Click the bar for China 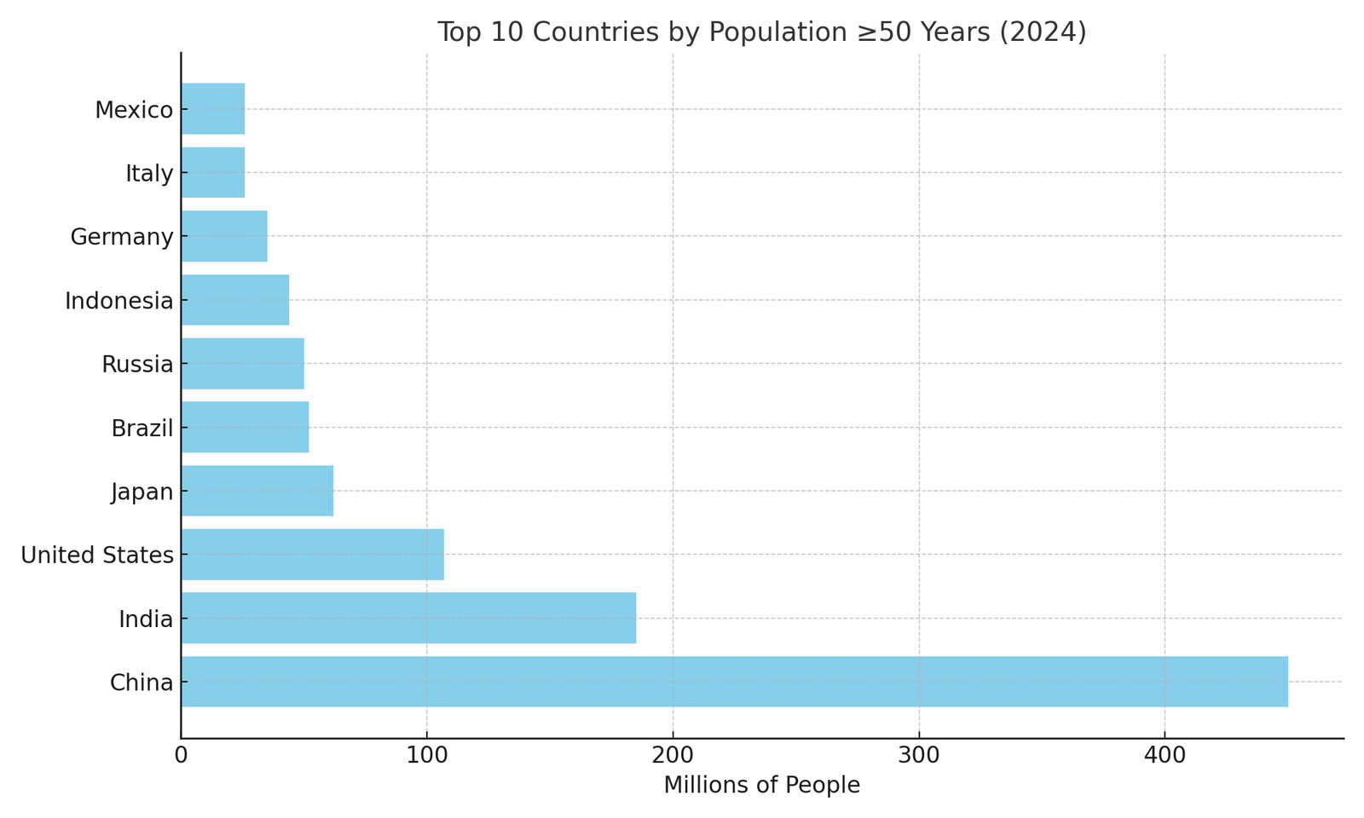(733, 682)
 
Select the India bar (408, 618)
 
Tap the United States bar (312, 555)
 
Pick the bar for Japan (257, 491)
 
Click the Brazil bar (245, 427)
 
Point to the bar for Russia (242, 364)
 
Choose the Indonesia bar (234, 300)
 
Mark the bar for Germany (223, 236)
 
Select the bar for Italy (212, 172)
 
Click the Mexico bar (212, 109)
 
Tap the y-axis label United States (97, 556)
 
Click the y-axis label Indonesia (119, 301)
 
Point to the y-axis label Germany (122, 237)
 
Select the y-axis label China (142, 683)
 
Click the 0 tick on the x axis (181, 756)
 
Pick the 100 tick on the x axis (426, 756)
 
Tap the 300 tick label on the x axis (918, 756)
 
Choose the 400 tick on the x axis (1165, 756)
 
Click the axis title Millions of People (761, 786)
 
